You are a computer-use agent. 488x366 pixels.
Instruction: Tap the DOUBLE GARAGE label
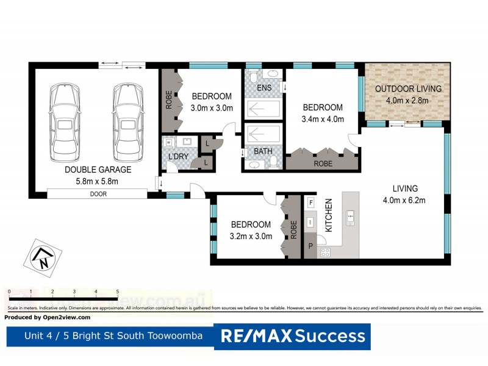[91, 170]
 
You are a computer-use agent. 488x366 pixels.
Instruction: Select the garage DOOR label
[96, 193]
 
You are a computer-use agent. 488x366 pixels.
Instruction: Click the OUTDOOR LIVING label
[408, 89]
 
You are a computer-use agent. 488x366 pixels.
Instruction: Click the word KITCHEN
[328, 214]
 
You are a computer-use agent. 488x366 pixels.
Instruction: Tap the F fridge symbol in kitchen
[310, 203]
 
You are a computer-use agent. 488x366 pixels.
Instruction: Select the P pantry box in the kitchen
[310, 246]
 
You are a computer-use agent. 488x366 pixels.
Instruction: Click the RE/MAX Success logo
[292, 336]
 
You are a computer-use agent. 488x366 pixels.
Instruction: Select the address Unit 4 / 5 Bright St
[110, 336]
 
